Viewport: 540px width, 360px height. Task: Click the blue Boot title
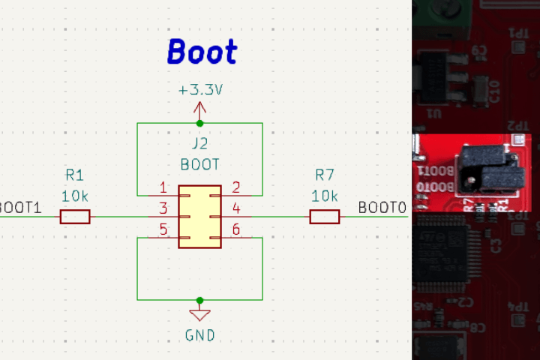[x=202, y=52]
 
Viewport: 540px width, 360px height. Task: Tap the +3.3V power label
[x=200, y=90]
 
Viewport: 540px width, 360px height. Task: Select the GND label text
[x=200, y=335]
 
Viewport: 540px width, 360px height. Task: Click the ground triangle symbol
[x=200, y=315]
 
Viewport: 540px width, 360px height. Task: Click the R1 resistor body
[x=75, y=217]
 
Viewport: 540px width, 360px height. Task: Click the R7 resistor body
[x=325, y=217]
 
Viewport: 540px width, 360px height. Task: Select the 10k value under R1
[x=75, y=196]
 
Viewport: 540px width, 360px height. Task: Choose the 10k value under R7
[x=325, y=196]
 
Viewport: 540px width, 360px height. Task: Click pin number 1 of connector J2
[x=163, y=187]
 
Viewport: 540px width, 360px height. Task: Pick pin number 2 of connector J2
[x=235, y=187]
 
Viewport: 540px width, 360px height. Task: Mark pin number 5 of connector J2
[x=163, y=230]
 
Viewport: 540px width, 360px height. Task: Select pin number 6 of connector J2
[x=235, y=230]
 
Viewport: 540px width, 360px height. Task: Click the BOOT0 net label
[x=382, y=208]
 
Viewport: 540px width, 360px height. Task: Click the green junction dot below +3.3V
[x=200, y=123]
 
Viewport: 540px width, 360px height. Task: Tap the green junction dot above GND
[x=200, y=298]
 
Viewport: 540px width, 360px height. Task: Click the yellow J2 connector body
[x=199, y=217]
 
